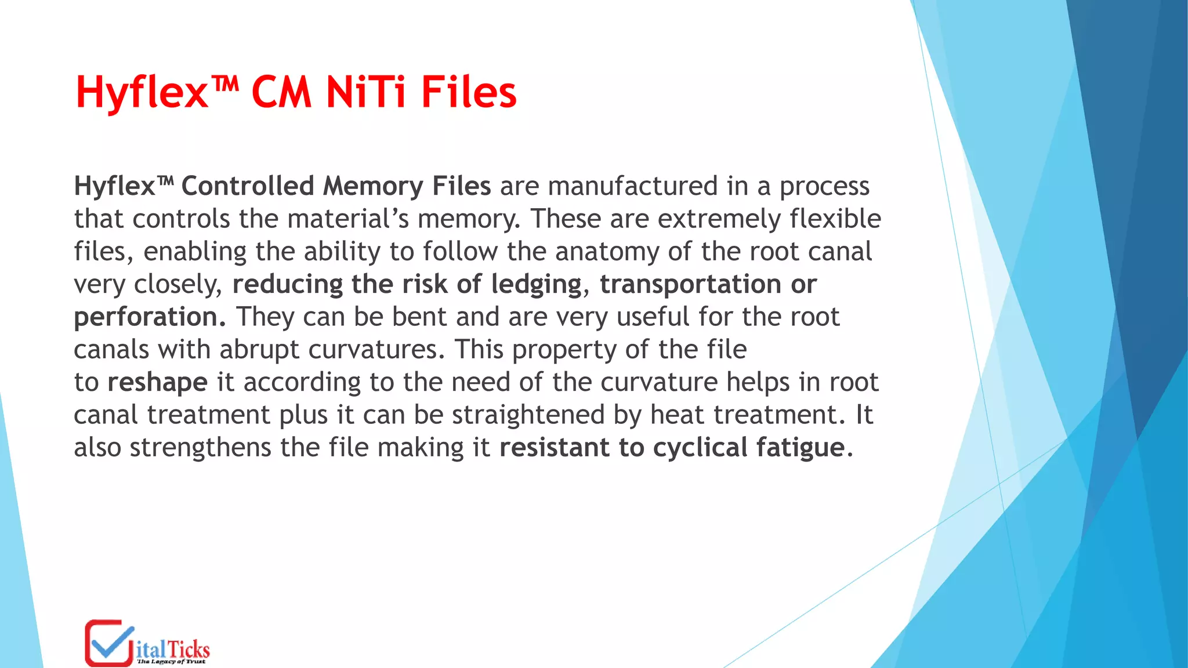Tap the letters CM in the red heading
pos(281,93)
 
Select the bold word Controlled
pos(248,186)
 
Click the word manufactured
pos(632,186)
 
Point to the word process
pos(824,186)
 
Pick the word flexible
pos(835,219)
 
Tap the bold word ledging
pos(536,285)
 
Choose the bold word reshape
pos(157,383)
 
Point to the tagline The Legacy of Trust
pos(171,662)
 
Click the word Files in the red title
pos(469,93)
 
